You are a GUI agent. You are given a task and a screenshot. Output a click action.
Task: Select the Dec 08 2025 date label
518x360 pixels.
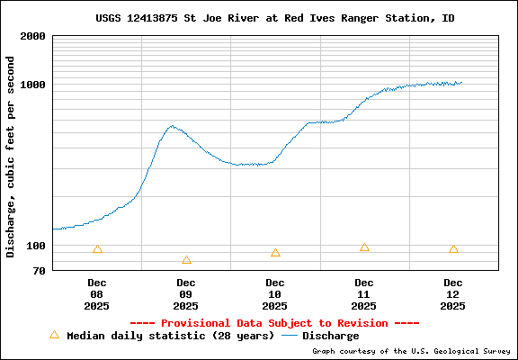[x=97, y=294]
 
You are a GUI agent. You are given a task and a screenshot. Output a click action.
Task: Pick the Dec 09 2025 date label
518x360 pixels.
[x=186, y=294]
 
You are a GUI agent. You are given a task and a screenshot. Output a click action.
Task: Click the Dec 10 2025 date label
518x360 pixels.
[x=275, y=294]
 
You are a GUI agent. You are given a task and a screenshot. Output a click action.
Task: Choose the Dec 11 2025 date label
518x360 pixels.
[x=364, y=294]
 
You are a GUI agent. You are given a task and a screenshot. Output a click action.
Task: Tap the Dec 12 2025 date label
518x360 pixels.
[x=453, y=294]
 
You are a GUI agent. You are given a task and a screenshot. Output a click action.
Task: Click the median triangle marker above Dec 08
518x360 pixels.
[x=97, y=249]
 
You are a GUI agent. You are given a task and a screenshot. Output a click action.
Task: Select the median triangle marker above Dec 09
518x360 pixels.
[x=186, y=260]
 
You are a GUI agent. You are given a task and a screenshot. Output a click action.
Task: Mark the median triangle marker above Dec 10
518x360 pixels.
[x=275, y=253]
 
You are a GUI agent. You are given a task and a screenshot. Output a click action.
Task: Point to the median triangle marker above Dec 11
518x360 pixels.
[x=364, y=247]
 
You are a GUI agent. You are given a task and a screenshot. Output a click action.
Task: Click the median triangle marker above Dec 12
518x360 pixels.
[x=453, y=249]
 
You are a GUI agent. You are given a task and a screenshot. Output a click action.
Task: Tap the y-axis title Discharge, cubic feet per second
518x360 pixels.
[x=11, y=157]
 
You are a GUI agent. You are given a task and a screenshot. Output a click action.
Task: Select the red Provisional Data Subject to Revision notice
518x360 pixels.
[x=274, y=322]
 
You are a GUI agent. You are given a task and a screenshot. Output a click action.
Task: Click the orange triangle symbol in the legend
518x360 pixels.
[x=54, y=335]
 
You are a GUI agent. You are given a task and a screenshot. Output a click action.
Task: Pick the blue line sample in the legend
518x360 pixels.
[x=290, y=336]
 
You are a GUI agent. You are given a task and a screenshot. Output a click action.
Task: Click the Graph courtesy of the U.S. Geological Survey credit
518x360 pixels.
[x=410, y=351]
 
